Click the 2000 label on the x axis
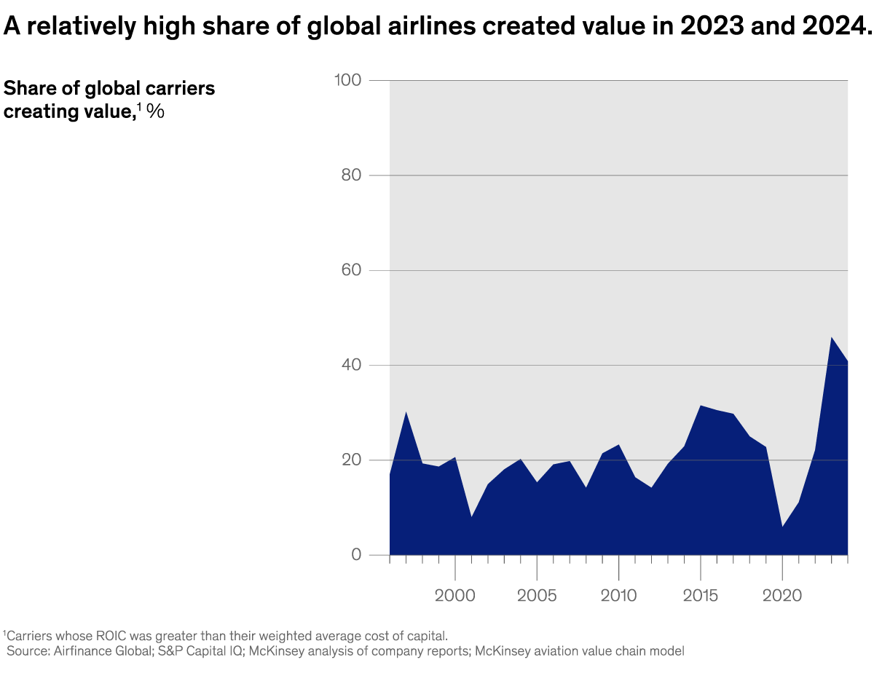(x=455, y=595)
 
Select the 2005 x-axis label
(x=537, y=595)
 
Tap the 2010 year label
(x=618, y=595)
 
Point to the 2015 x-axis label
(x=701, y=595)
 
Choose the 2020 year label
(x=782, y=595)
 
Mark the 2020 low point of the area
(x=782, y=527)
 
